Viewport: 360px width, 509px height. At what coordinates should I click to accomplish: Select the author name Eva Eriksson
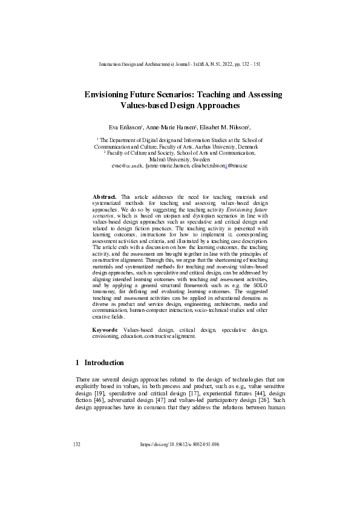(x=124, y=128)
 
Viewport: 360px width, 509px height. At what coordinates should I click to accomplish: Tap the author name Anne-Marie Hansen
(x=172, y=128)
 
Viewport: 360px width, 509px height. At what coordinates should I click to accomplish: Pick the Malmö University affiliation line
(x=180, y=159)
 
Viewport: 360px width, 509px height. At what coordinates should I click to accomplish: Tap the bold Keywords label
(x=106, y=330)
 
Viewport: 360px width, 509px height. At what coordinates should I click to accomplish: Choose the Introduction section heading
(x=103, y=363)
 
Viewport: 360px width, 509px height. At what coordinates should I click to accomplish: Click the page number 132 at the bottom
(x=76, y=444)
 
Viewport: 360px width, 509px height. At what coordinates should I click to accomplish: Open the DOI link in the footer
(x=179, y=444)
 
